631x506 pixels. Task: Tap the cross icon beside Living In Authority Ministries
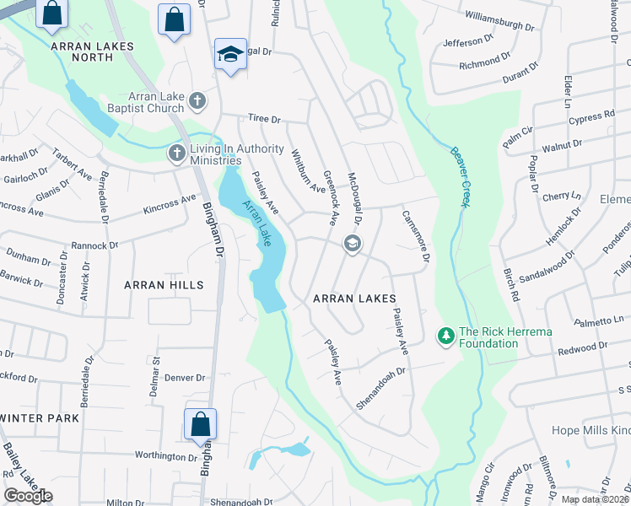click(177, 153)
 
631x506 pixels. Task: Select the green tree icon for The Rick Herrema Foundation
click(445, 336)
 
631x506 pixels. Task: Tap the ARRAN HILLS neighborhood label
click(164, 285)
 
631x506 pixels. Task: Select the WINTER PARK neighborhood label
click(40, 418)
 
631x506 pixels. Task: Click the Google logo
click(28, 496)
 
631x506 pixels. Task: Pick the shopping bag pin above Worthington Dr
click(201, 424)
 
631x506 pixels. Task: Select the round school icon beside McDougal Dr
click(352, 245)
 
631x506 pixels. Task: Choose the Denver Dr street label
click(185, 378)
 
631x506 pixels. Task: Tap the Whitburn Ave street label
click(307, 171)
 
